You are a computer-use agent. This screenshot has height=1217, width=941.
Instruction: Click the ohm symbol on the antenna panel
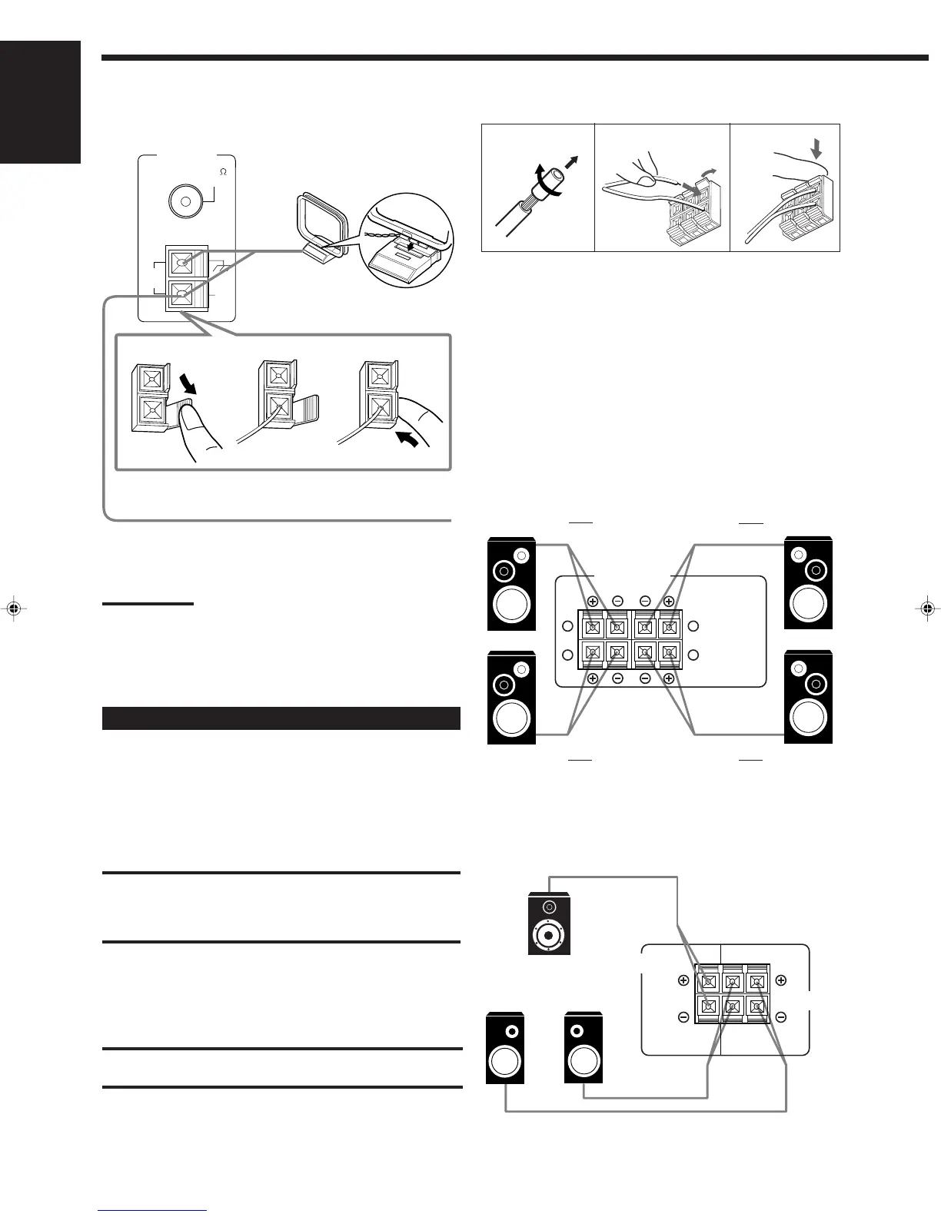pyautogui.click(x=223, y=172)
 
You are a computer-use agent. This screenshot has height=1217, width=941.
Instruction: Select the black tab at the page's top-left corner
pyautogui.click(x=40, y=102)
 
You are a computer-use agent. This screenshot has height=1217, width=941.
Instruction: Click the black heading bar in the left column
pyautogui.click(x=281, y=718)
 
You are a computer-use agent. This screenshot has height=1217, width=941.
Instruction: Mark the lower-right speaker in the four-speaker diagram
pyautogui.click(x=808, y=698)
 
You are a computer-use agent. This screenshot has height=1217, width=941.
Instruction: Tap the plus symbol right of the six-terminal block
pyautogui.click(x=780, y=980)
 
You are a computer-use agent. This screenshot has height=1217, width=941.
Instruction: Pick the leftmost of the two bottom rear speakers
pyautogui.click(x=505, y=1050)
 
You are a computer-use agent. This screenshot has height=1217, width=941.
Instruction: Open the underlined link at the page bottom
pyautogui.click(x=153, y=1211)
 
